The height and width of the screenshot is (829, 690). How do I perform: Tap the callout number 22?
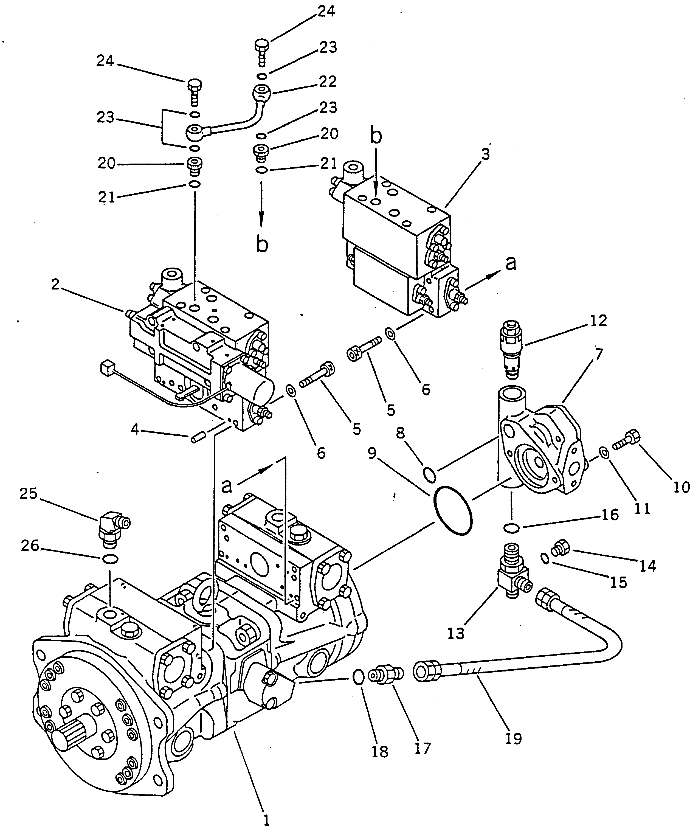pos(328,82)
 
